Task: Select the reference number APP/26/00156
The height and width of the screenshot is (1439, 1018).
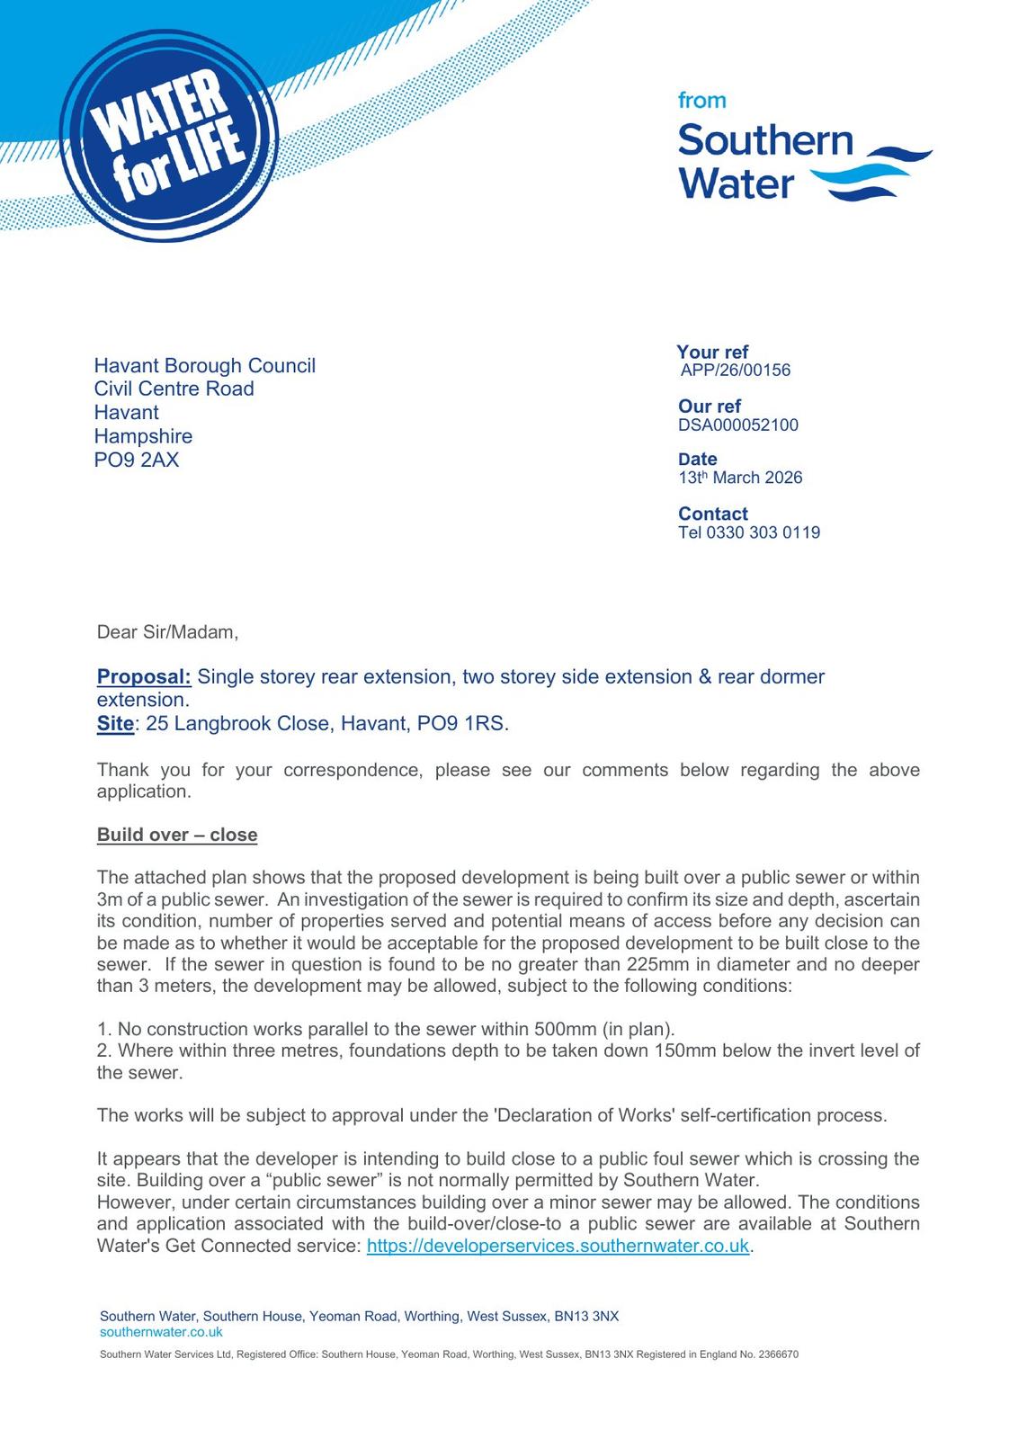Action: (x=735, y=371)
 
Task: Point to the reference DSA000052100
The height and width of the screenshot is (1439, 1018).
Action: (x=737, y=425)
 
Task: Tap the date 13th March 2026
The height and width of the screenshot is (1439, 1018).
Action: (x=740, y=478)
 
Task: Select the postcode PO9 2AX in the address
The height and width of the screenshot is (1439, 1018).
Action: (x=137, y=460)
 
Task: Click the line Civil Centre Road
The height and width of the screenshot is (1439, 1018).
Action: (x=174, y=389)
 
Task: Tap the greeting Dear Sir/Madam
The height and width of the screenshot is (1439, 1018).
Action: (x=167, y=632)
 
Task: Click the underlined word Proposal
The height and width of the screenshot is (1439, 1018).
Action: (x=144, y=677)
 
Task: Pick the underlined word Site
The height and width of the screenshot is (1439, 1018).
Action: (x=115, y=724)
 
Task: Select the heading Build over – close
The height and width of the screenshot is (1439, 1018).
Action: (x=177, y=835)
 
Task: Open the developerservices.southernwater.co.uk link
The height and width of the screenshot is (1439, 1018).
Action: (x=558, y=1247)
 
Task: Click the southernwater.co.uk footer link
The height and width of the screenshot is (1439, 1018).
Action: (x=161, y=1332)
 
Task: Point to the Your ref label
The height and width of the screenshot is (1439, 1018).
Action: (x=712, y=353)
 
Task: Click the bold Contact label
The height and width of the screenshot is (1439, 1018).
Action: (x=712, y=514)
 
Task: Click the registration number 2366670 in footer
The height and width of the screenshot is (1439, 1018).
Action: (x=778, y=1354)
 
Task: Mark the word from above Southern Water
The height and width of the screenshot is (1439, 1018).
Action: (x=701, y=101)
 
